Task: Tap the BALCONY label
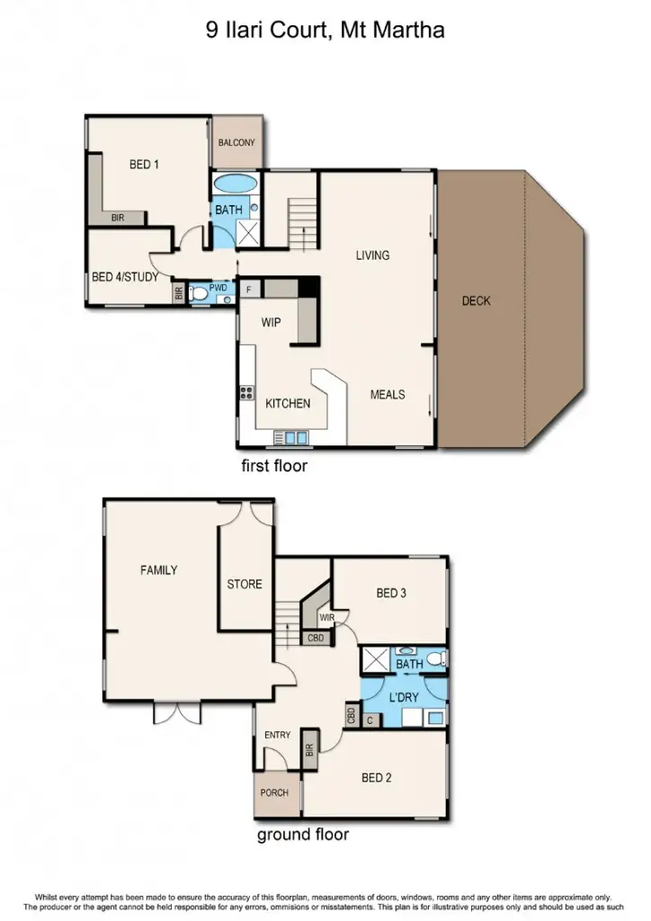(236, 142)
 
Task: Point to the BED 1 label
(144, 164)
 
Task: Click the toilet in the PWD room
(199, 293)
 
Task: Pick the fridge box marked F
(249, 289)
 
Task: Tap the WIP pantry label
(272, 321)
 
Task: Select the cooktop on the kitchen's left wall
(246, 392)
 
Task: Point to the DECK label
(476, 300)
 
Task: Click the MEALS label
(388, 394)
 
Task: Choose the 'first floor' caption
(274, 466)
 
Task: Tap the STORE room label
(245, 584)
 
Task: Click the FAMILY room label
(158, 569)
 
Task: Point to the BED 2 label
(377, 778)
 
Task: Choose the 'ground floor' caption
(303, 835)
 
